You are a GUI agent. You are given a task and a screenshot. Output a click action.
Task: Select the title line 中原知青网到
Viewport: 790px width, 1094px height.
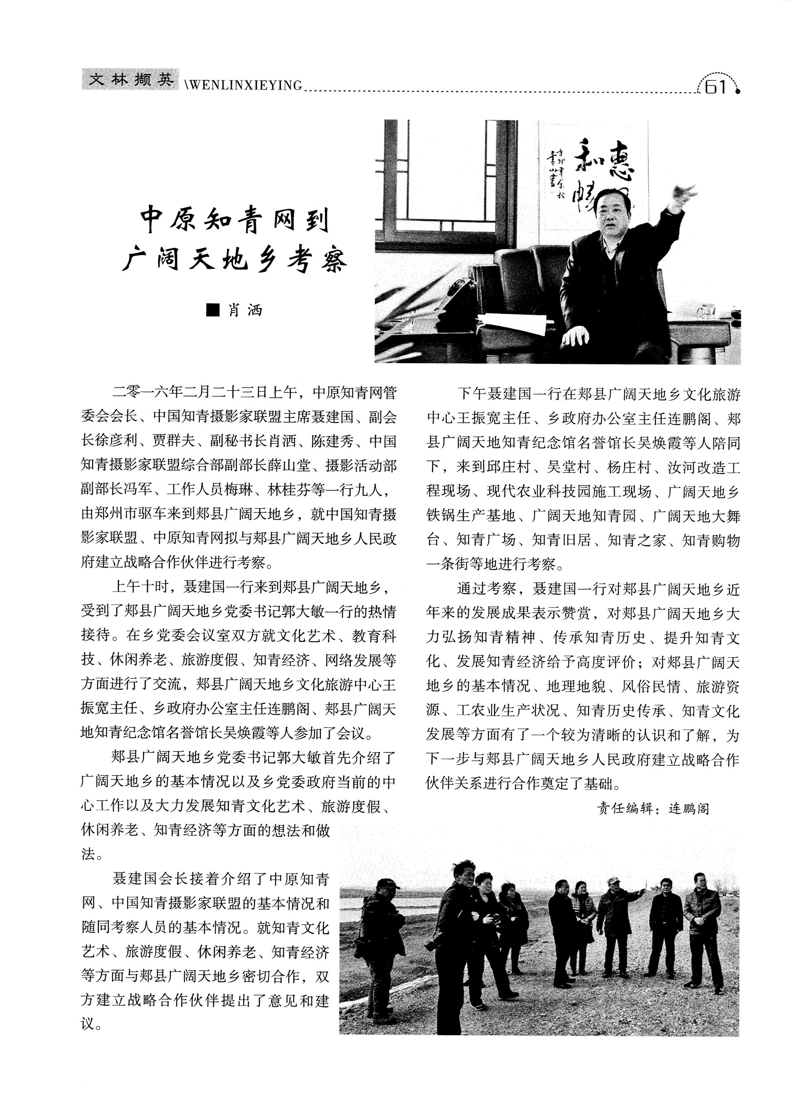[235, 221]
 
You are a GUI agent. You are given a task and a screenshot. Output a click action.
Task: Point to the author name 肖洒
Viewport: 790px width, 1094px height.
[245, 310]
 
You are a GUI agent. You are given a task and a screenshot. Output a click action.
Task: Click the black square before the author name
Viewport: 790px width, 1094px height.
[212, 310]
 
